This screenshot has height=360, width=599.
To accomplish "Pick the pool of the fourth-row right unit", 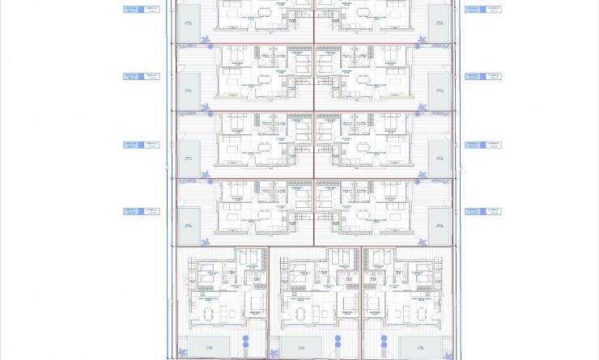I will (440, 227).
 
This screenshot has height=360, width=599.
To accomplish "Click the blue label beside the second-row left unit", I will (141, 77).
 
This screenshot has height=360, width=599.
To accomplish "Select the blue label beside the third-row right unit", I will (482, 145).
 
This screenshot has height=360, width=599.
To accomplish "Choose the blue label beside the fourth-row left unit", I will (141, 212).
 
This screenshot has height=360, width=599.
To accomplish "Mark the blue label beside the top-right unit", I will (482, 10).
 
